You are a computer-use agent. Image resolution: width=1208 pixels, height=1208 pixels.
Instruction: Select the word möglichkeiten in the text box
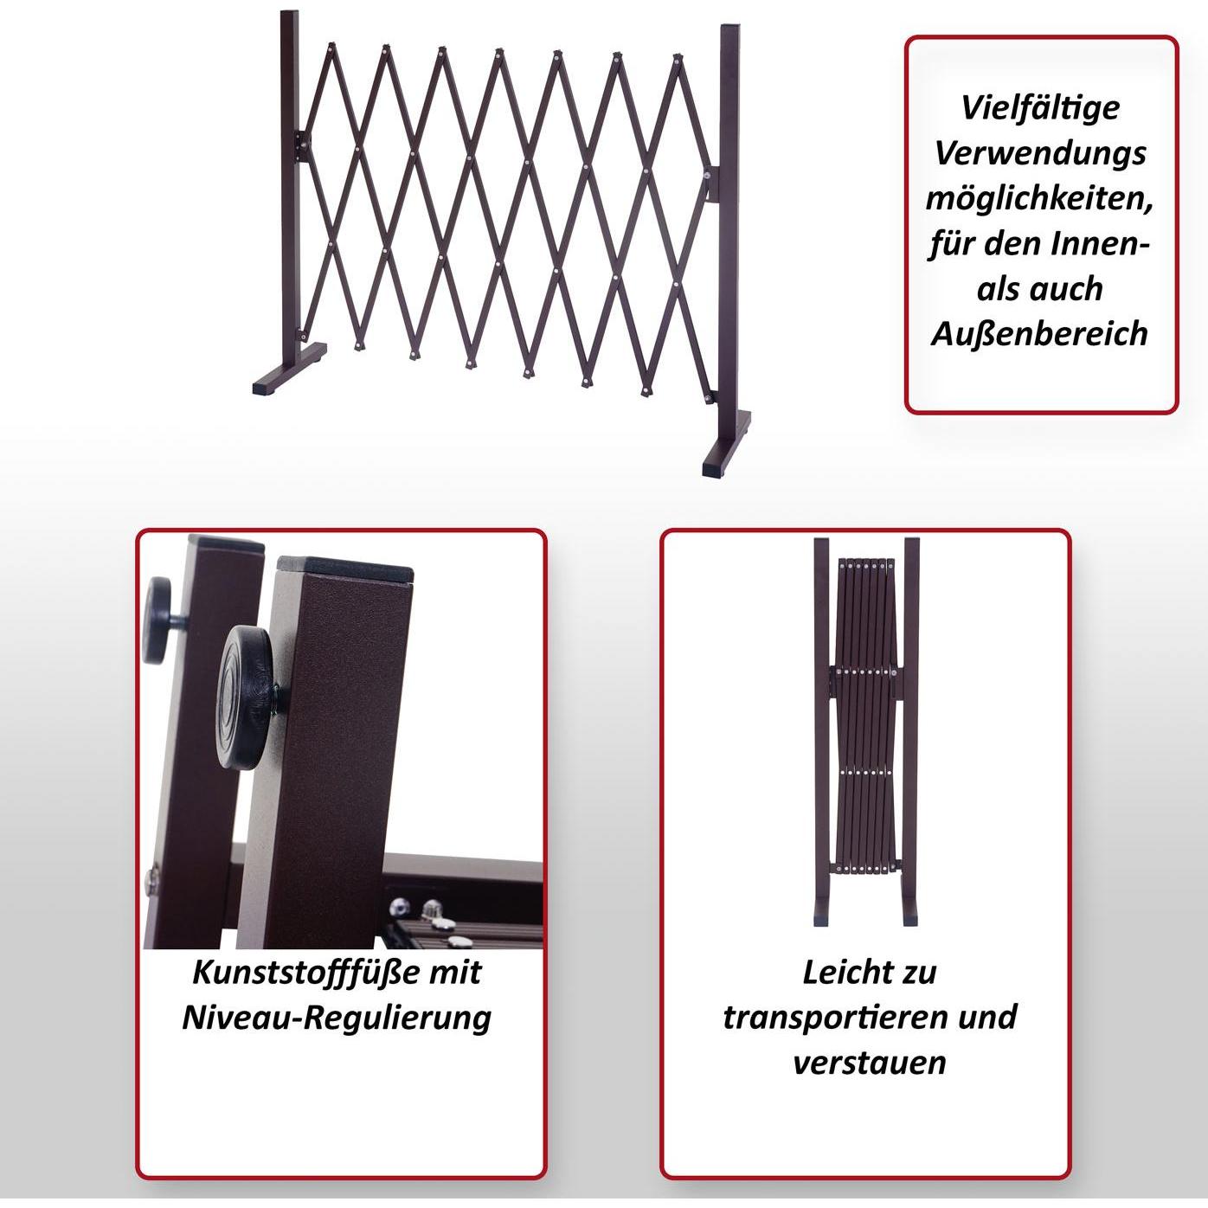point(1039,200)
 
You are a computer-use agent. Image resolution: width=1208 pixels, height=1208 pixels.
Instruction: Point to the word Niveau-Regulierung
point(337,1018)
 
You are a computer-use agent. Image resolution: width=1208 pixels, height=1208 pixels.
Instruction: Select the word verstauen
point(870,1063)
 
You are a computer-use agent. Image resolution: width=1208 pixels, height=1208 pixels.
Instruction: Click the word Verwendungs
point(1041,154)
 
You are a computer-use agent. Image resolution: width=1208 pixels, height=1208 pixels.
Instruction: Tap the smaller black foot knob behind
point(159,620)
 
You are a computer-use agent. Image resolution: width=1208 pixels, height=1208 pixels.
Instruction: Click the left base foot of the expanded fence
point(290,369)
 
